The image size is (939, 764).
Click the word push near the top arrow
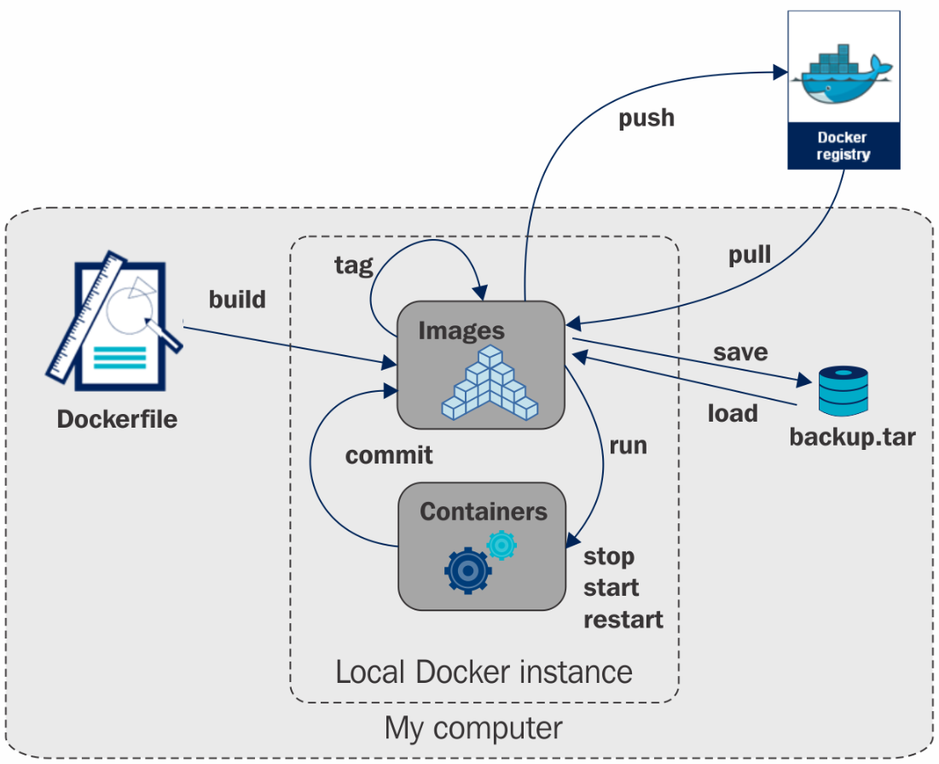[646, 118]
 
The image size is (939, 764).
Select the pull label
[750, 254]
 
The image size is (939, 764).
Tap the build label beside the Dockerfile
[237, 300]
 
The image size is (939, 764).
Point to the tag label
[353, 265]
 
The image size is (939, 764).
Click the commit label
[389, 455]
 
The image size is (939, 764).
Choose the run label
[628, 445]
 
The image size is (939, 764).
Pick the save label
[740, 352]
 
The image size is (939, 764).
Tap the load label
[733, 413]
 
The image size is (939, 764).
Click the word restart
[623, 619]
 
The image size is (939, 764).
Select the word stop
[609, 557]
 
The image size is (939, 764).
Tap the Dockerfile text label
[117, 419]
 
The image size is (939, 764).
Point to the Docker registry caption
[843, 146]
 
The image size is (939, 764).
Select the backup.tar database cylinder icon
[843, 389]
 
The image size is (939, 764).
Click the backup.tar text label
[852, 439]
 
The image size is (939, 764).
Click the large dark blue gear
[468, 569]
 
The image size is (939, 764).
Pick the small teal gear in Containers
[501, 544]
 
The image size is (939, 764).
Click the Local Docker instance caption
[484, 672]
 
